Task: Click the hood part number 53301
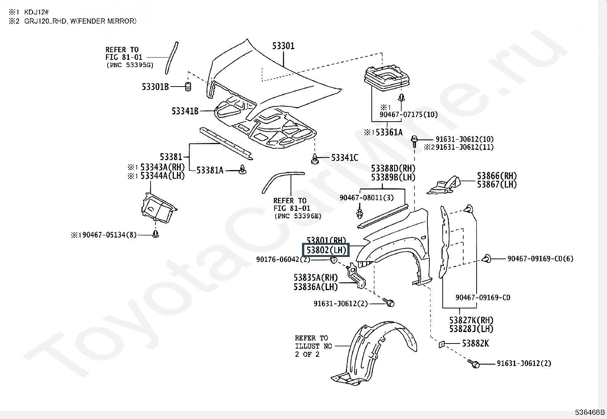pos(283,46)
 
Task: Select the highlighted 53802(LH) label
pos(326,250)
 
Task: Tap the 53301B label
pos(155,87)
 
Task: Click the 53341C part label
pos(345,157)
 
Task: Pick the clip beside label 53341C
pos(315,160)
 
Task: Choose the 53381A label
pos(210,170)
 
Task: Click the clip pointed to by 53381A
pos(242,170)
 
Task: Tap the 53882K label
pos(475,344)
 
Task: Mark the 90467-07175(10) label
pos(408,114)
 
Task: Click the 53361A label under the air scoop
pos(389,132)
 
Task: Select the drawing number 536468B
pos(590,412)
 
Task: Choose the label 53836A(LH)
pos(316,287)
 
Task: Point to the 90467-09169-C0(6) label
pos(540,259)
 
